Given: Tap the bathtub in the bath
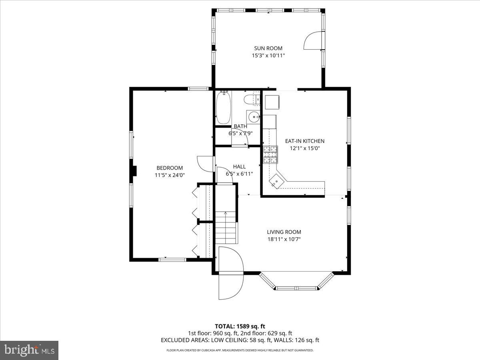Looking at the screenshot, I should click(223, 108).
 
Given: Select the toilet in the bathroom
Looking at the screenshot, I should click(252, 100).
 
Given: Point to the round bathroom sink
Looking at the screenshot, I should click(254, 117).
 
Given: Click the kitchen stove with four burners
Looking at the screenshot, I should click(270, 155).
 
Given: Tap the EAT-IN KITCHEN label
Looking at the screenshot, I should click(304, 141).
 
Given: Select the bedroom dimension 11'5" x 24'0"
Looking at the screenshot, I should click(170, 175).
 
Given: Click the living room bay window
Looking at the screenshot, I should click(296, 282).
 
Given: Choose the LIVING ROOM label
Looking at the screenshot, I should click(284, 232).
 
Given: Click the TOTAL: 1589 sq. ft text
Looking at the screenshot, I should click(240, 326).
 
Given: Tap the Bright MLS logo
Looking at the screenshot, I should click(29, 350).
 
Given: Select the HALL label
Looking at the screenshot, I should click(239, 166).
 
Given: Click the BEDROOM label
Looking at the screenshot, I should click(170, 168).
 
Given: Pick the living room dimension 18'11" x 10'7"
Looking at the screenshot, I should click(284, 239).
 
